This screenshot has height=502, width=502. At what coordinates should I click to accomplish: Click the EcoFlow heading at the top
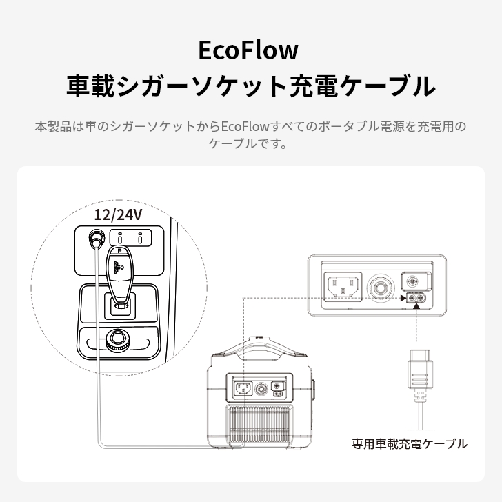click(x=248, y=50)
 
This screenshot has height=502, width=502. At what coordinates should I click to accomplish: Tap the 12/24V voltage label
click(x=118, y=214)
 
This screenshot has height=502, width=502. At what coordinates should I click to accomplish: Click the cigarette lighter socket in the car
click(x=96, y=238)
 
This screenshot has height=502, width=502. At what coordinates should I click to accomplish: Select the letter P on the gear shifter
click(x=119, y=251)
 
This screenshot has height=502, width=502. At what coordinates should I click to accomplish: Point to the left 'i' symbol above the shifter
click(x=120, y=237)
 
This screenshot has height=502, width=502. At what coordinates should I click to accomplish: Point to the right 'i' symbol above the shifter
click(x=140, y=237)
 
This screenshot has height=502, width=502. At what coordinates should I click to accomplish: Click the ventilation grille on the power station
click(x=259, y=425)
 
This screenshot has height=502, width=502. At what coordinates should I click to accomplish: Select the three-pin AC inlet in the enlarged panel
click(x=343, y=287)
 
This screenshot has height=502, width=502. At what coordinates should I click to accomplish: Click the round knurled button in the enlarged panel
click(x=380, y=288)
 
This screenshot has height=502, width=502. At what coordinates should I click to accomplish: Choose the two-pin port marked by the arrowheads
click(x=416, y=298)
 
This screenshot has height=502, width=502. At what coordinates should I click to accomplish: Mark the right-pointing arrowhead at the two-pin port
click(x=403, y=298)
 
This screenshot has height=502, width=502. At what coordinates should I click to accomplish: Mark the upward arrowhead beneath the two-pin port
click(x=416, y=306)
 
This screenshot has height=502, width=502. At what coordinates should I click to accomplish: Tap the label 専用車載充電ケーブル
click(x=410, y=444)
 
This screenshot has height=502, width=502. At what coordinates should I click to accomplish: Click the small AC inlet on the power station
click(x=243, y=389)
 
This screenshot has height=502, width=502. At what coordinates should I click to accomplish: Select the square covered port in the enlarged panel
click(x=416, y=281)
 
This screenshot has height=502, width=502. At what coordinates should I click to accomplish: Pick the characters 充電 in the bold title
click(x=312, y=86)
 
